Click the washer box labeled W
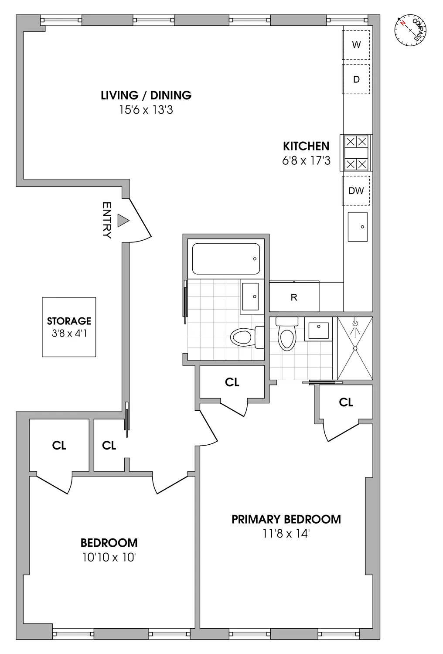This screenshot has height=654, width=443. pos(356,44)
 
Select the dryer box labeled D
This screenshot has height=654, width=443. pos(356,79)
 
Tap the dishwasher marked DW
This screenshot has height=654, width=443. pos(356,191)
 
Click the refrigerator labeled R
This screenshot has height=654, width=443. pos(294,297)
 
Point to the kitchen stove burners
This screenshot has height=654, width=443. pos(356,153)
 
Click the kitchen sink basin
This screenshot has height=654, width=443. pos(358,227)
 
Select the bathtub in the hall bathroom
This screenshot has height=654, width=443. pos(226,259)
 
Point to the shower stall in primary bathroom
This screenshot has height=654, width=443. pos(355,348)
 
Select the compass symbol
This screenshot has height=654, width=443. pos(410,30)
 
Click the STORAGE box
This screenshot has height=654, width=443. pos(69,327)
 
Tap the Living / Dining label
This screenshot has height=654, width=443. pos(146,95)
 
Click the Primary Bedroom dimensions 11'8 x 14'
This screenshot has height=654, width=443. pos(286,534)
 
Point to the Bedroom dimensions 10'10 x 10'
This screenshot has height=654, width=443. pos(109,557)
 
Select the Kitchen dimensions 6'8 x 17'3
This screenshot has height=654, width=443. pos(306,161)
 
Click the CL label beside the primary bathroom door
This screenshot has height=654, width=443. pos(346,402)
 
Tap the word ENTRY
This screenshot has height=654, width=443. pos(107,220)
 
